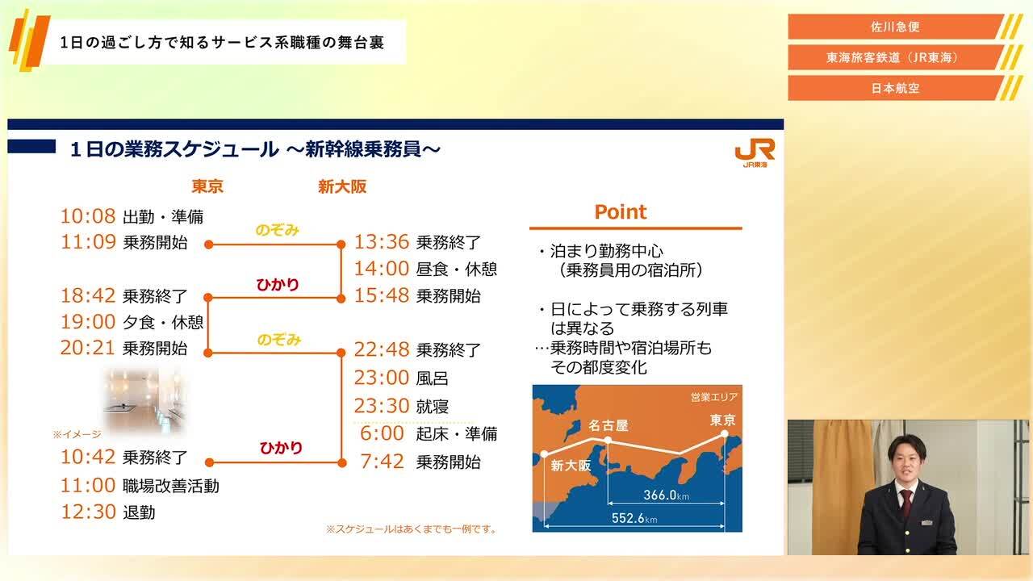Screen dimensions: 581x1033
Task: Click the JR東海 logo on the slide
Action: point(755,152)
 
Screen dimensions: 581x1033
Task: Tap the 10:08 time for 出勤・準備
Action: point(88,216)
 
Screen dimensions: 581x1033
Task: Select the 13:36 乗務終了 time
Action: point(382,242)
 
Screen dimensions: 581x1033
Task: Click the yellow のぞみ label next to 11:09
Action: point(277,230)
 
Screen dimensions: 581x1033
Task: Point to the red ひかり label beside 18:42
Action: point(277,284)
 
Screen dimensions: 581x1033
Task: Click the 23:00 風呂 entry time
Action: point(382,378)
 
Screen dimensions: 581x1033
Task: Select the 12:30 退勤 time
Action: point(88,512)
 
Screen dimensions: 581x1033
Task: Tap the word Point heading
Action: point(620,212)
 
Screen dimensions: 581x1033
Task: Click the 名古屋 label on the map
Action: point(608,425)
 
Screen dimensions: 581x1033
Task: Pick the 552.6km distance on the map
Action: point(635,519)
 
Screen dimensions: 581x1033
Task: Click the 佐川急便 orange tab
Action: point(895,27)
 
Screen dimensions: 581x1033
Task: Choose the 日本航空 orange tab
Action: point(895,88)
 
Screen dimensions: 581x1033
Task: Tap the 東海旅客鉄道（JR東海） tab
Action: point(895,57)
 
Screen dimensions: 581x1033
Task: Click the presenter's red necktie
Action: point(906,502)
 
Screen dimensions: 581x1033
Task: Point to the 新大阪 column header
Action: point(342,186)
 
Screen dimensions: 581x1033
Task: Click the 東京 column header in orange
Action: point(207,186)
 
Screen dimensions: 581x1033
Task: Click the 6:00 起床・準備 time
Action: point(382,433)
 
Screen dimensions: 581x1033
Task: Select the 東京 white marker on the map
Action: point(724,434)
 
